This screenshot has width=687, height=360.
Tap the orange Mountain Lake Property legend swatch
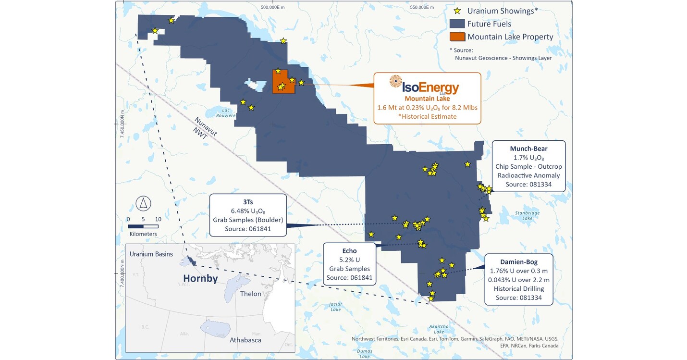coord(457,37)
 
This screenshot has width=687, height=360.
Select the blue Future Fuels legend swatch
coord(457,24)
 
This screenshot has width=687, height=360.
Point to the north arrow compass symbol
coord(143,203)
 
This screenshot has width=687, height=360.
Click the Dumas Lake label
coord(365,353)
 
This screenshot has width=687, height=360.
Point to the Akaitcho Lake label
coord(439,328)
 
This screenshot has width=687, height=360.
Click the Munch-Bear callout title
coord(528,149)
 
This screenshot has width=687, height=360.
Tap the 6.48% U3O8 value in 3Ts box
coord(247,211)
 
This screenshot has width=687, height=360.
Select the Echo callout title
coord(349,251)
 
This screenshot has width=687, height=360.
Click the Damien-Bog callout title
coord(518,262)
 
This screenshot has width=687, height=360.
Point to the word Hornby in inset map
coord(200,278)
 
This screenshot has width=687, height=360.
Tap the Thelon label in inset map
coord(250,294)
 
